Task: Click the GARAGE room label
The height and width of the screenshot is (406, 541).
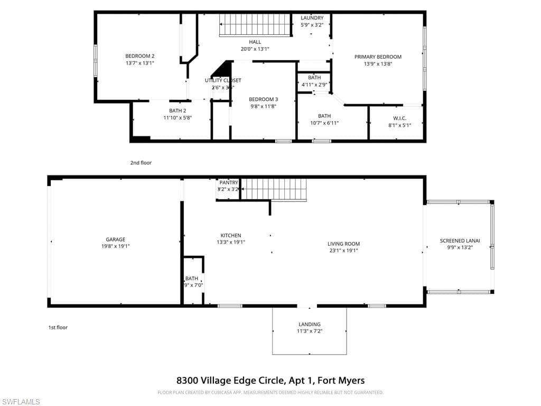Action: click(115, 239)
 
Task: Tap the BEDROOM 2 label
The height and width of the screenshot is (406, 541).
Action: click(139, 56)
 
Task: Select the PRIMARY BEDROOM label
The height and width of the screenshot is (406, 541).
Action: click(378, 57)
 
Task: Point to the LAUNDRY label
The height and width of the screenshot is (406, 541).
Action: click(312, 18)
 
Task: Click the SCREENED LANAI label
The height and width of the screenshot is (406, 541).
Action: click(459, 241)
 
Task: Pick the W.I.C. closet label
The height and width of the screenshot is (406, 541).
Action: click(399, 118)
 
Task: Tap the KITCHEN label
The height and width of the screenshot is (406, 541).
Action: click(231, 236)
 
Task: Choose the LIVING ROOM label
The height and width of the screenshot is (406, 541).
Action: click(343, 244)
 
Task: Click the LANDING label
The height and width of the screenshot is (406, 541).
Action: click(309, 324)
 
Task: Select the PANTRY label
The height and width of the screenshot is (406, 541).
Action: click(229, 182)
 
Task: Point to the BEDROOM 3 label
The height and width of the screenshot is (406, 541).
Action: click(263, 99)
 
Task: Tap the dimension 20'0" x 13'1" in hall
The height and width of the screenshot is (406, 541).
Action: click(255, 49)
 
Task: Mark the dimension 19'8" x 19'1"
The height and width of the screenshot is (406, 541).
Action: click(115, 246)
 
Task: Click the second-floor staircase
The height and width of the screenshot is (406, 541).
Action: click(256, 25)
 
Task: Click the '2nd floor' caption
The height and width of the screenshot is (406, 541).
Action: click(141, 163)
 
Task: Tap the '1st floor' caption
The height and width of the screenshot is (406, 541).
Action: click(58, 327)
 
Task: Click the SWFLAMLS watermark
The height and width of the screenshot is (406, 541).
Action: click(21, 402)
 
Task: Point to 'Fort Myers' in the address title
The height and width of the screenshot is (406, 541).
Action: click(343, 380)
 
